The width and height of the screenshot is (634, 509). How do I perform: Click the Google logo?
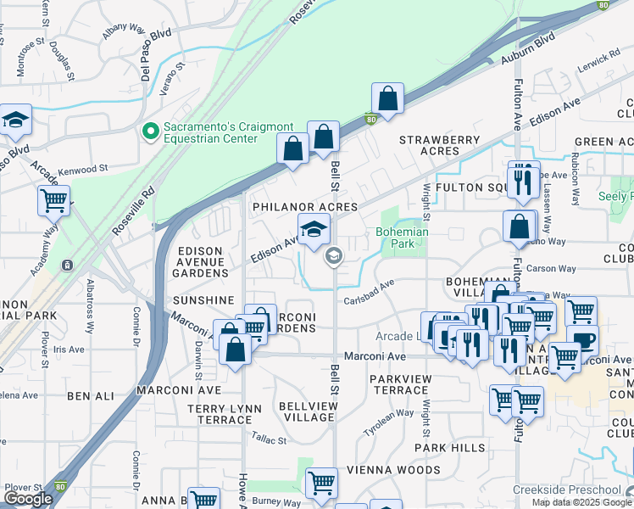click(x=28, y=499)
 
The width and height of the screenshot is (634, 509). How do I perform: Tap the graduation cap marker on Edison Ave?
click(x=313, y=229)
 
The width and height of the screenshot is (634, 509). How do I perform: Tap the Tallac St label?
click(x=270, y=439)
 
